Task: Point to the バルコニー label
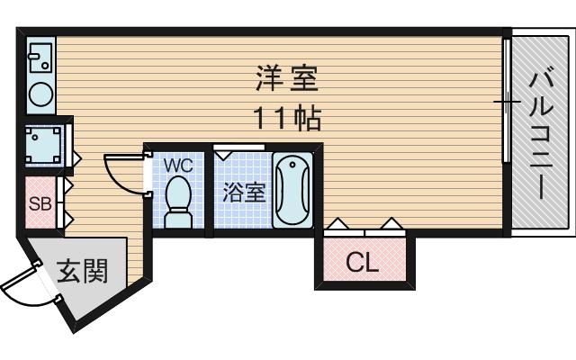540,135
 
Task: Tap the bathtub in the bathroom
292,191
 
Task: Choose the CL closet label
363,263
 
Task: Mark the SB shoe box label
40,202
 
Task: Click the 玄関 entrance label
83,271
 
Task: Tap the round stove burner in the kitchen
40,94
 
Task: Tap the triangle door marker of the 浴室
223,154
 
